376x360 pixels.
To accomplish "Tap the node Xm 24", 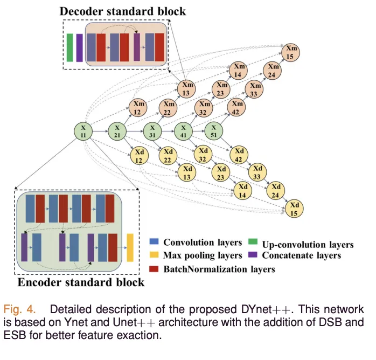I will (272, 71).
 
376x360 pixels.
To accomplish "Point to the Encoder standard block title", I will (81, 282).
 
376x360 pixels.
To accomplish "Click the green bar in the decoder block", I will (70, 47).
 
